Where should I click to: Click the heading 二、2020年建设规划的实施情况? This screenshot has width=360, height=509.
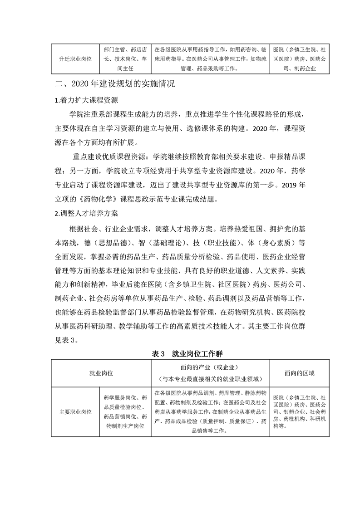point(114,84)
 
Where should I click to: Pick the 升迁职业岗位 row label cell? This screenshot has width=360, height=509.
point(75,59)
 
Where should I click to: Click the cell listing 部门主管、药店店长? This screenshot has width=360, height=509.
point(125,59)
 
